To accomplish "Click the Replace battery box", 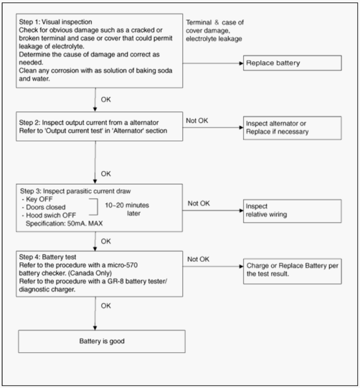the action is pos(292,63).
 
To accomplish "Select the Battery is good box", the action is pos(102,341).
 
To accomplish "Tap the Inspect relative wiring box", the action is pos(292,211).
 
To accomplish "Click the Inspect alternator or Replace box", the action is pos(292,128).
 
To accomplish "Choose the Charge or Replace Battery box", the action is pos(292,271).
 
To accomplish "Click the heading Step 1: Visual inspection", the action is pos(55,22).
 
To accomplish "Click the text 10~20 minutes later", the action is pos(127,209).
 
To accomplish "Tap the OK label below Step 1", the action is pos(106,99).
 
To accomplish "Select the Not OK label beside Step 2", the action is pos(197,120).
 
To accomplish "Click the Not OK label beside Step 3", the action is pos(198,203).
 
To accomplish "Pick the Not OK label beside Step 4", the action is pos(198,259).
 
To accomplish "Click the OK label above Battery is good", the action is pos(106,306).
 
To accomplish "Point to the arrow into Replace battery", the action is pos(213,63).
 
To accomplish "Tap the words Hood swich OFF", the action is pos(51,215).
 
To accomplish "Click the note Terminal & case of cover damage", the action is pos(214,27).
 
